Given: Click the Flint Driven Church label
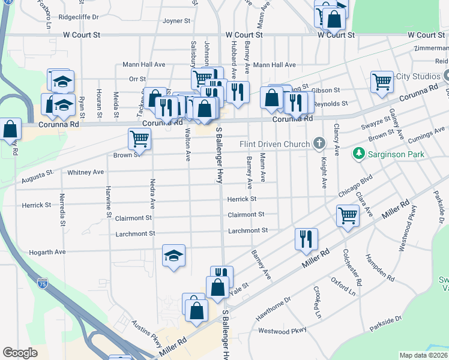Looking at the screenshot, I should [x=274, y=144].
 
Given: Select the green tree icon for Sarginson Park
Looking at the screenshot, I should [x=359, y=154].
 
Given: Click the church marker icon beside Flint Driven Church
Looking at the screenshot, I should [x=319, y=143].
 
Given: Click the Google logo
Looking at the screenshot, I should [x=20, y=353].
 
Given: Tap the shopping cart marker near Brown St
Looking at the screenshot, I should [x=139, y=139].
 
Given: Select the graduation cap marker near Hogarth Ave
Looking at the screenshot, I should [x=174, y=256].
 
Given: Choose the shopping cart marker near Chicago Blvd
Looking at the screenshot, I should [x=348, y=215].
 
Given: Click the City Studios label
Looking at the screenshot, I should [x=418, y=76].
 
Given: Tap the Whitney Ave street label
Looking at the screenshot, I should [x=86, y=172].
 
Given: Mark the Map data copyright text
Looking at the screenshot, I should [x=423, y=355].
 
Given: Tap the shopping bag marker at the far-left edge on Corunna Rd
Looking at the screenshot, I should [x=10, y=128].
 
